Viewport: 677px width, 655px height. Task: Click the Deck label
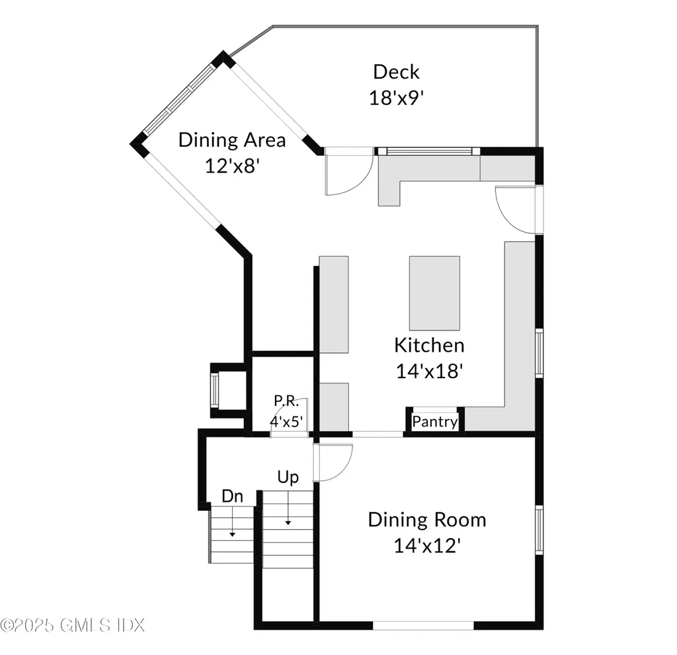tap(396, 71)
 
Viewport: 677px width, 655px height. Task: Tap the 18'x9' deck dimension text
tap(395, 98)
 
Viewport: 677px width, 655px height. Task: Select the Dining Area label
tap(232, 140)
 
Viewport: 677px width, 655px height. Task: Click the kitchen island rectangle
tap(434, 293)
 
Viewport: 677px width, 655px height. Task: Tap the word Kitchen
tap(429, 345)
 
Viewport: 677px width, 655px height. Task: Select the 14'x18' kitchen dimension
tap(428, 371)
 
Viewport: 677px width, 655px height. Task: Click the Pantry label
tap(434, 422)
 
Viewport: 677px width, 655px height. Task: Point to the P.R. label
tap(288, 401)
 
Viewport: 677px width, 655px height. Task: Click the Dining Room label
tap(427, 520)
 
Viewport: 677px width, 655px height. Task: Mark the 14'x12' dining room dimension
tap(427, 545)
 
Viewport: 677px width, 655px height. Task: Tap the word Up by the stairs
tap(288, 477)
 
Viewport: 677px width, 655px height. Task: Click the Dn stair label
tap(232, 496)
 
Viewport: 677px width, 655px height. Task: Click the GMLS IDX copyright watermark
tap(72, 624)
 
